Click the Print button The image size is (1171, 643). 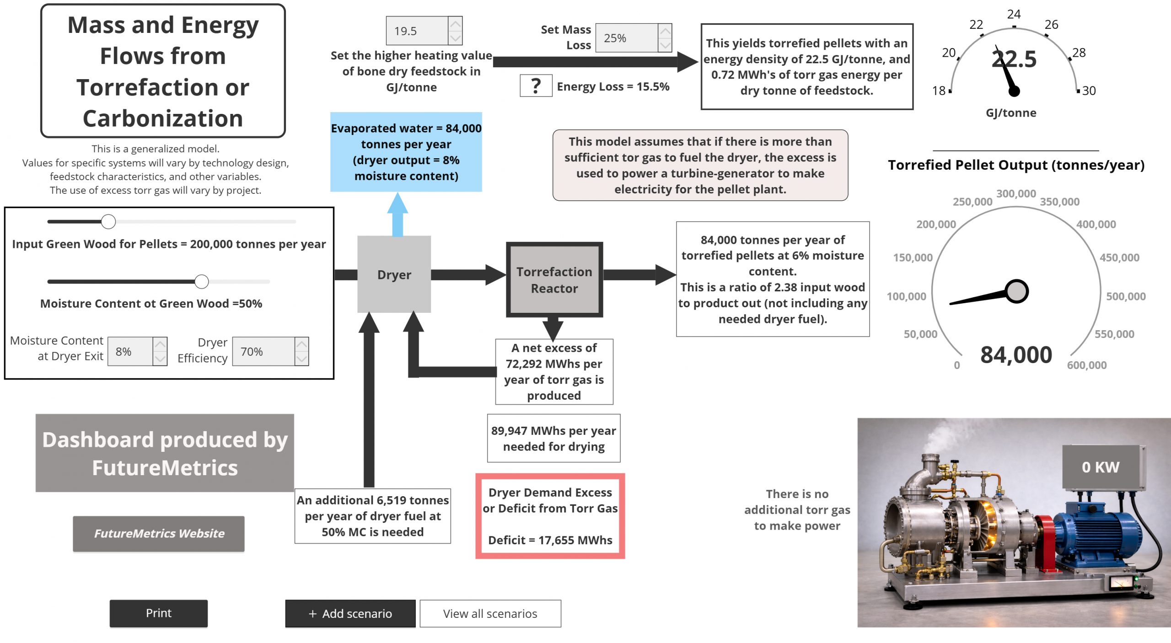pyautogui.click(x=158, y=613)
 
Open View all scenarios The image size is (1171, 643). pyautogui.click(x=490, y=613)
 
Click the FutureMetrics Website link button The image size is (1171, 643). pyautogui.click(x=158, y=533)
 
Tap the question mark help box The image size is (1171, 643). pyautogui.click(x=536, y=86)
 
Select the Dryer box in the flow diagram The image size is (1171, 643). pyautogui.click(x=394, y=274)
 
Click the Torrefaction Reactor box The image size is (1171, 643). pyautogui.click(x=554, y=280)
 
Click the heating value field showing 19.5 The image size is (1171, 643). pyautogui.click(x=416, y=31)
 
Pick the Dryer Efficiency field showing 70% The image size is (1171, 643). pyautogui.click(x=263, y=351)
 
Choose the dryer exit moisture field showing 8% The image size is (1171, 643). pyautogui.click(x=130, y=351)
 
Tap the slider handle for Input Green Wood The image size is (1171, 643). pyautogui.click(x=108, y=222)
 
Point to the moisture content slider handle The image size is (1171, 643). pyautogui.click(x=202, y=282)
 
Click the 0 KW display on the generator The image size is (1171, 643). pyautogui.click(x=1100, y=467)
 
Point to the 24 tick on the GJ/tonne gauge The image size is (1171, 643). pyautogui.click(x=1014, y=27)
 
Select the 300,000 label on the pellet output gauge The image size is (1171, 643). pyautogui.click(x=1016, y=193)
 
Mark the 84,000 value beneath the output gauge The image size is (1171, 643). pyautogui.click(x=1016, y=355)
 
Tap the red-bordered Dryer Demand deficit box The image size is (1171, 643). pyautogui.click(x=550, y=516)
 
